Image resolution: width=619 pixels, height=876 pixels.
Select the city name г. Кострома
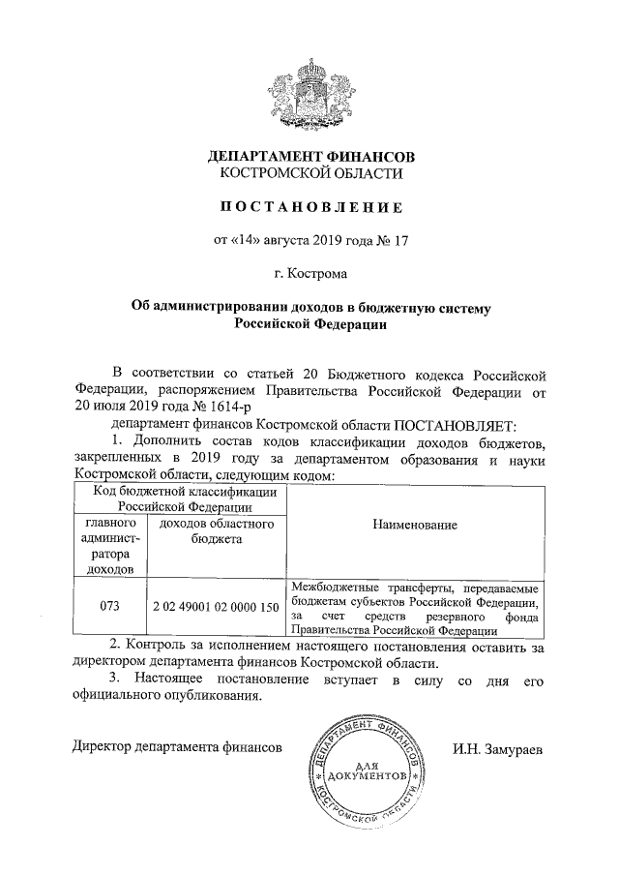pos(309,274)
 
